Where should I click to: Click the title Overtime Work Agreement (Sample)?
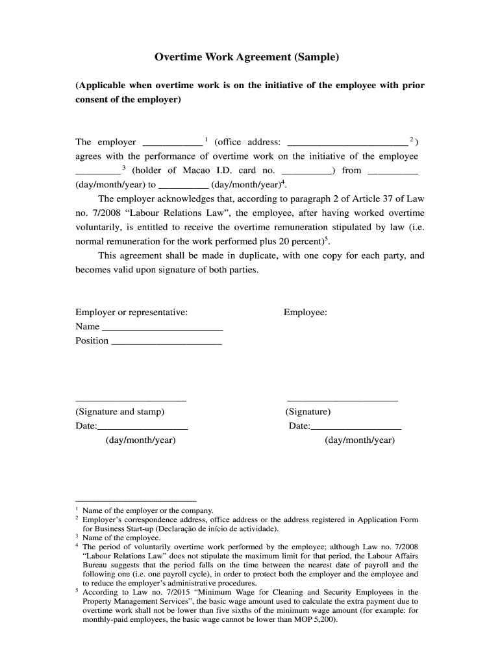tap(247, 58)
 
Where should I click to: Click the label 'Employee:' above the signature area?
tap(305, 313)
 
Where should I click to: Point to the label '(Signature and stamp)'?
tap(120, 412)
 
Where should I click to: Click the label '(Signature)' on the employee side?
tap(308, 412)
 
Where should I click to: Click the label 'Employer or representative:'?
tap(132, 313)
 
